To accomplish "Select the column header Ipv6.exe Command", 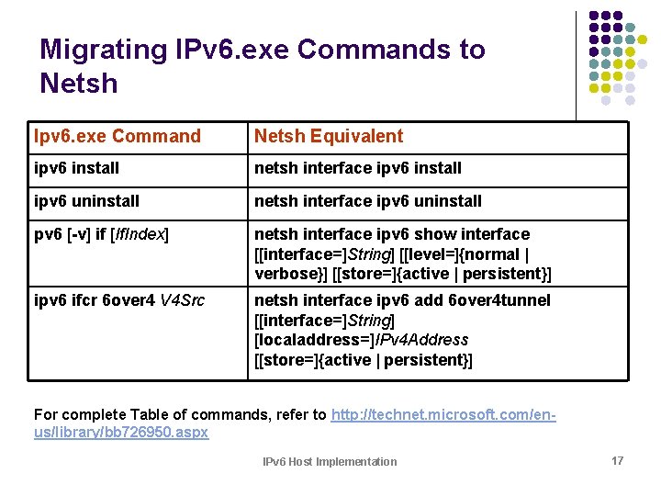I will coord(117,136).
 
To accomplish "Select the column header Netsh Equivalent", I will coord(328,136).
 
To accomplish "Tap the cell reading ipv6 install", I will coord(76,168).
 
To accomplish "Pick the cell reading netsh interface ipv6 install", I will coord(357,168).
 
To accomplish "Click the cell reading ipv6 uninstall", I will coord(86,200).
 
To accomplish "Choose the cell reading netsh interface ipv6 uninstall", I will coord(367,200).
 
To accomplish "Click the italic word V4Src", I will coord(183,300).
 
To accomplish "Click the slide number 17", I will coord(617,460).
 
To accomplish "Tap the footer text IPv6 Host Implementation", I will coord(330,461).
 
